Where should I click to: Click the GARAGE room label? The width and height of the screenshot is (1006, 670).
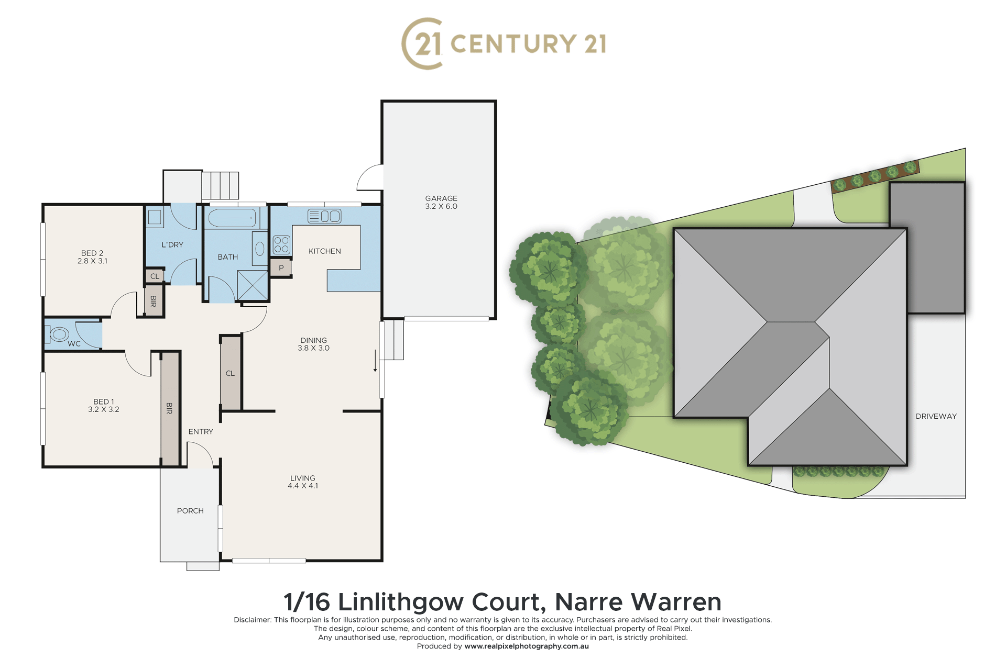(x=441, y=198)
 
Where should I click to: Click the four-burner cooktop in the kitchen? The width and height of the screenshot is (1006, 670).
(x=281, y=245)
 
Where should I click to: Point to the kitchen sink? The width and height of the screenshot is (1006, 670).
(x=324, y=216)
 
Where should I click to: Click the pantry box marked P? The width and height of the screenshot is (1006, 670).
(x=281, y=267)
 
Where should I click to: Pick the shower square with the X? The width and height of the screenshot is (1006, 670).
(x=253, y=285)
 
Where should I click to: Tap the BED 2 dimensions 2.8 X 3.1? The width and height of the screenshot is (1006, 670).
(x=92, y=261)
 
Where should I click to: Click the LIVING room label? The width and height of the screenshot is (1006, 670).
(x=303, y=478)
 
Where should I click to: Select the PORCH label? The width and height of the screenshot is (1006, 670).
(x=190, y=511)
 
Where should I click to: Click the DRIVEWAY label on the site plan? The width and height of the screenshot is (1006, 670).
(x=936, y=416)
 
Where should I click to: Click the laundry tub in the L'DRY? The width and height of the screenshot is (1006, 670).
(x=155, y=217)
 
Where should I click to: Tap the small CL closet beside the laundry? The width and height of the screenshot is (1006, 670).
(x=155, y=275)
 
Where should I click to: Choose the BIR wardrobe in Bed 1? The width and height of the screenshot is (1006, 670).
(x=169, y=409)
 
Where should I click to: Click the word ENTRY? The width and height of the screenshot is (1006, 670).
(x=201, y=432)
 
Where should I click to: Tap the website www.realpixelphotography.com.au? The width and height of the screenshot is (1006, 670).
(x=527, y=646)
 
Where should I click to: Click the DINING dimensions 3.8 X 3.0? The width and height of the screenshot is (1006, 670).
(x=314, y=348)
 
